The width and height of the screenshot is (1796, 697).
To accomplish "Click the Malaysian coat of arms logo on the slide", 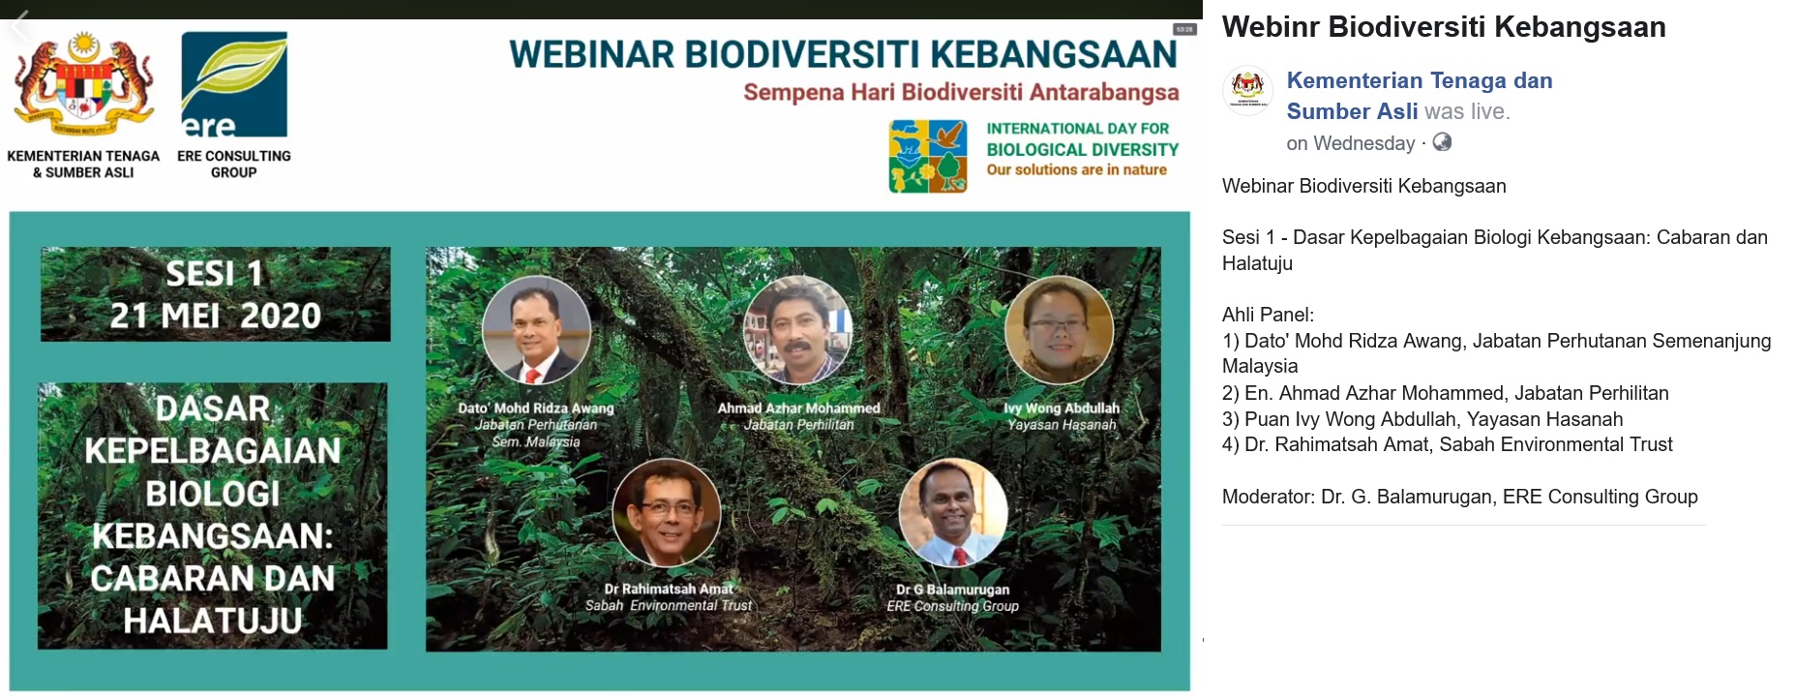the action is (83, 85).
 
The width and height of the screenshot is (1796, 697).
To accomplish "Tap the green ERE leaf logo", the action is (234, 84).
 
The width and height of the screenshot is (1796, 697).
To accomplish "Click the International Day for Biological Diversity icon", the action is (928, 156).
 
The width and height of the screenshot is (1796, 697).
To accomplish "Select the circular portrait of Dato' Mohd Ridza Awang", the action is (537, 330).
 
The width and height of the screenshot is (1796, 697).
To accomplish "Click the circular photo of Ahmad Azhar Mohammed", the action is (798, 330).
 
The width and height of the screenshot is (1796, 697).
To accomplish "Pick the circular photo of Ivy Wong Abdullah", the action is (1060, 330).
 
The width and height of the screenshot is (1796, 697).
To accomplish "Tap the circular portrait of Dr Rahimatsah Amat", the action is (667, 512).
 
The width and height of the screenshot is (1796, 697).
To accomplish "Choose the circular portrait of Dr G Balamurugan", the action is (953, 512).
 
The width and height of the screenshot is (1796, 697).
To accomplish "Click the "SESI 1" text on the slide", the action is (214, 274).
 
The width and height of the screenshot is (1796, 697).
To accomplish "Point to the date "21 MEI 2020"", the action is (215, 316).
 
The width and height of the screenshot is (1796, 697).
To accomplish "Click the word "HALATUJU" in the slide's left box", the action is (213, 621).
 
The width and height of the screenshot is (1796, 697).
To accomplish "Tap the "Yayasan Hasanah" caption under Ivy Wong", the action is (1062, 425).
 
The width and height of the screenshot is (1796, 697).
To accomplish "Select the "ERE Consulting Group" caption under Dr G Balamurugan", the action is (953, 606).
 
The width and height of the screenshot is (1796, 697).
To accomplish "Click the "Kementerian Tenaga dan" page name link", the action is (1420, 80).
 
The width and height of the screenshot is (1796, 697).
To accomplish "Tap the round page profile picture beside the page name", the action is (1248, 91).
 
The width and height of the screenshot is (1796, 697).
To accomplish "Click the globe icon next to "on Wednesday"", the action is (1442, 142).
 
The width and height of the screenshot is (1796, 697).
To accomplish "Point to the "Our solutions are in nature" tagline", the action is (1077, 169).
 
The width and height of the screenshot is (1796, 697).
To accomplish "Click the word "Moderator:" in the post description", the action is (1269, 497).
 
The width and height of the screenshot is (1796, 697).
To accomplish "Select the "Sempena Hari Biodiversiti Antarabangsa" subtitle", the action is (961, 93).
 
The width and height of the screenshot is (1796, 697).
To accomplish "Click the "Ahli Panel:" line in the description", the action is (1268, 315).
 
